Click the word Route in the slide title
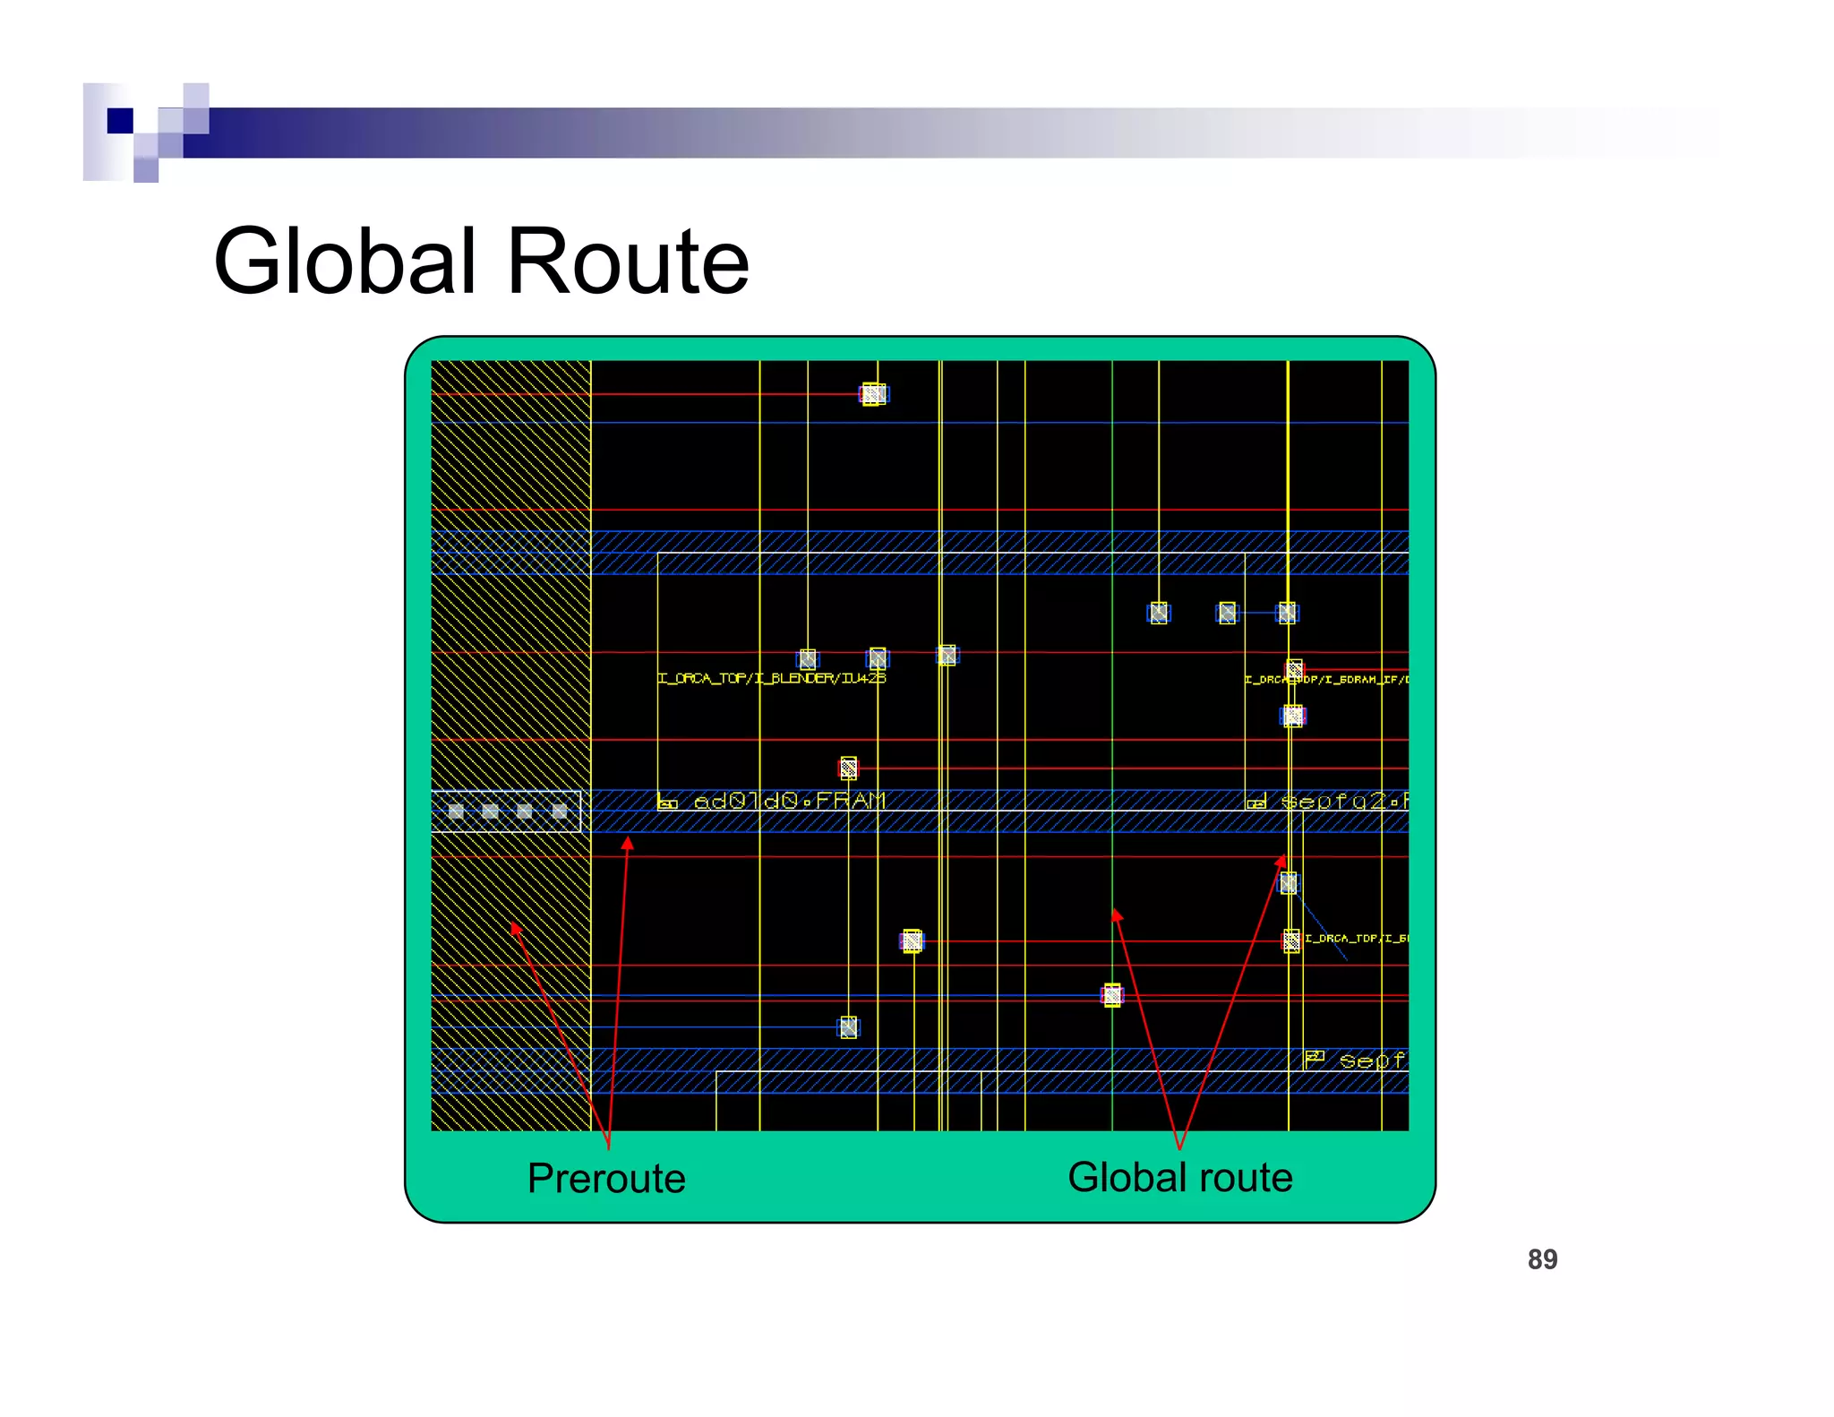tap(628, 262)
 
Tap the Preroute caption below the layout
tap(606, 1178)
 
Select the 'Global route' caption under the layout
tap(1180, 1177)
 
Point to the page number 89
tap(1542, 1259)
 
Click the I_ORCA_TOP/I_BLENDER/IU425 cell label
tap(771, 678)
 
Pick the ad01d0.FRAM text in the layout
tap(789, 801)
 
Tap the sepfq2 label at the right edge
tap(1342, 801)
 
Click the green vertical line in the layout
tap(1112, 717)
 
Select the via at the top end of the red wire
tap(873, 394)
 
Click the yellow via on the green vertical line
tap(1112, 995)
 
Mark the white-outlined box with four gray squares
tap(506, 812)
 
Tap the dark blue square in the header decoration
tap(120, 120)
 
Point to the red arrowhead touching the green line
tap(1116, 915)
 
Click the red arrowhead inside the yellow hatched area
tap(516, 929)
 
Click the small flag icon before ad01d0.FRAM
tap(667, 803)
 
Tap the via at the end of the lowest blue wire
tap(848, 1026)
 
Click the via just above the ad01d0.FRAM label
tap(848, 768)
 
